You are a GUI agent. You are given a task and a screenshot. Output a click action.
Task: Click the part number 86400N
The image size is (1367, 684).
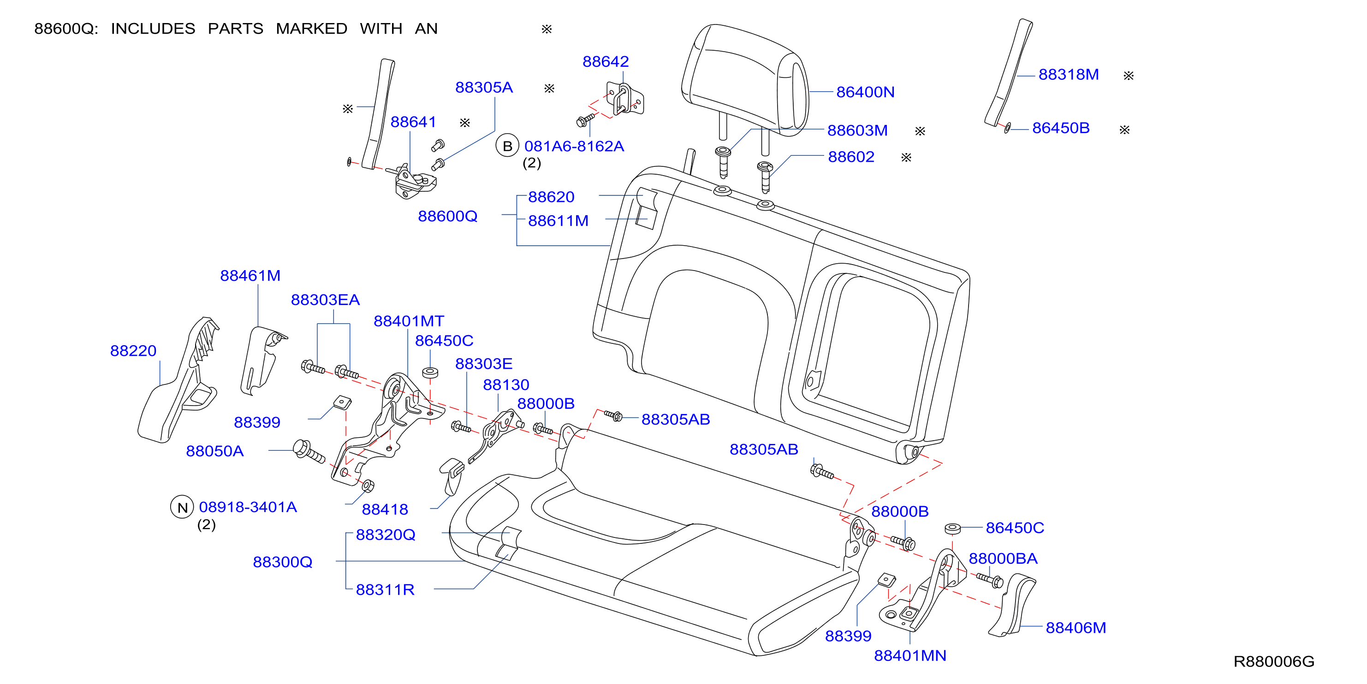(x=865, y=92)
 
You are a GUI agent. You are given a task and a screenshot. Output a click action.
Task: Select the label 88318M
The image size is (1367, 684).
(x=1068, y=75)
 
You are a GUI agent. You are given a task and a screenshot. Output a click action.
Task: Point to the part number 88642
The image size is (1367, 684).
(x=606, y=62)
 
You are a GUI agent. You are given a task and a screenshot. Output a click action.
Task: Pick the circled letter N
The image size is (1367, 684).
(x=182, y=507)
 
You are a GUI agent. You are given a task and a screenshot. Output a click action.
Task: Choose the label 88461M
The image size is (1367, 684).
(x=250, y=276)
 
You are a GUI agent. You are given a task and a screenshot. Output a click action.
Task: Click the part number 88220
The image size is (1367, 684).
(x=133, y=351)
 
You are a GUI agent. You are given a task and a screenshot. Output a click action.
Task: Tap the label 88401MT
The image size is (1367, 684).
(x=409, y=321)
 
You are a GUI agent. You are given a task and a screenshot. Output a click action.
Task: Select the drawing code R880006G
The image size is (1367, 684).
(x=1273, y=662)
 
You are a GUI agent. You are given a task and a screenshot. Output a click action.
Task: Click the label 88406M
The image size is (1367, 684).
(x=1076, y=628)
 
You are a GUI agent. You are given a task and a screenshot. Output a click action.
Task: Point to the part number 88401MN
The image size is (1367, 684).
(x=910, y=656)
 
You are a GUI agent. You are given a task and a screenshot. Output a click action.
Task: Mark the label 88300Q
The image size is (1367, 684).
(x=282, y=562)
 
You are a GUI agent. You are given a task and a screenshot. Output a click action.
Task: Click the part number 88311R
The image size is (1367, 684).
(x=385, y=590)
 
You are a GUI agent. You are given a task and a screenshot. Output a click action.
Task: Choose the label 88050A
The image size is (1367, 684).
(x=215, y=451)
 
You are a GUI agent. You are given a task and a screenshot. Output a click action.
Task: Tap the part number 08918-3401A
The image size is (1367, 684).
(x=248, y=507)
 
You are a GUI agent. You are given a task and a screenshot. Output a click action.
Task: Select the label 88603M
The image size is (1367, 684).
(x=857, y=130)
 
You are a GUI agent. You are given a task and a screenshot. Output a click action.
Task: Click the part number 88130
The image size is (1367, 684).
(x=506, y=385)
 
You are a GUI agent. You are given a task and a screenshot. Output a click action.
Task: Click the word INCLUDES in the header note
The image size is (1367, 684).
(x=153, y=29)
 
